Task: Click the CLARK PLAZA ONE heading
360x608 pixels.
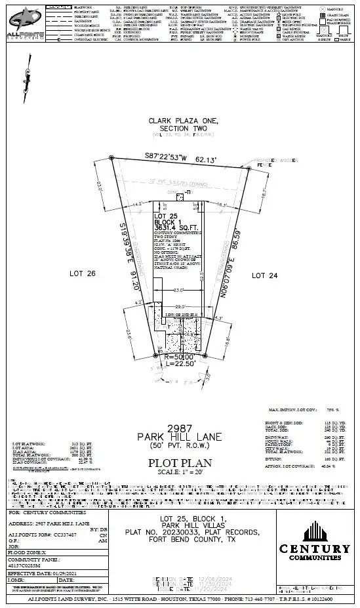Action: pos(180,121)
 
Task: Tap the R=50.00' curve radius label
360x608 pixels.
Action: pos(180,356)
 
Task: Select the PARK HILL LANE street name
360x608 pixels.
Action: pos(180,436)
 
